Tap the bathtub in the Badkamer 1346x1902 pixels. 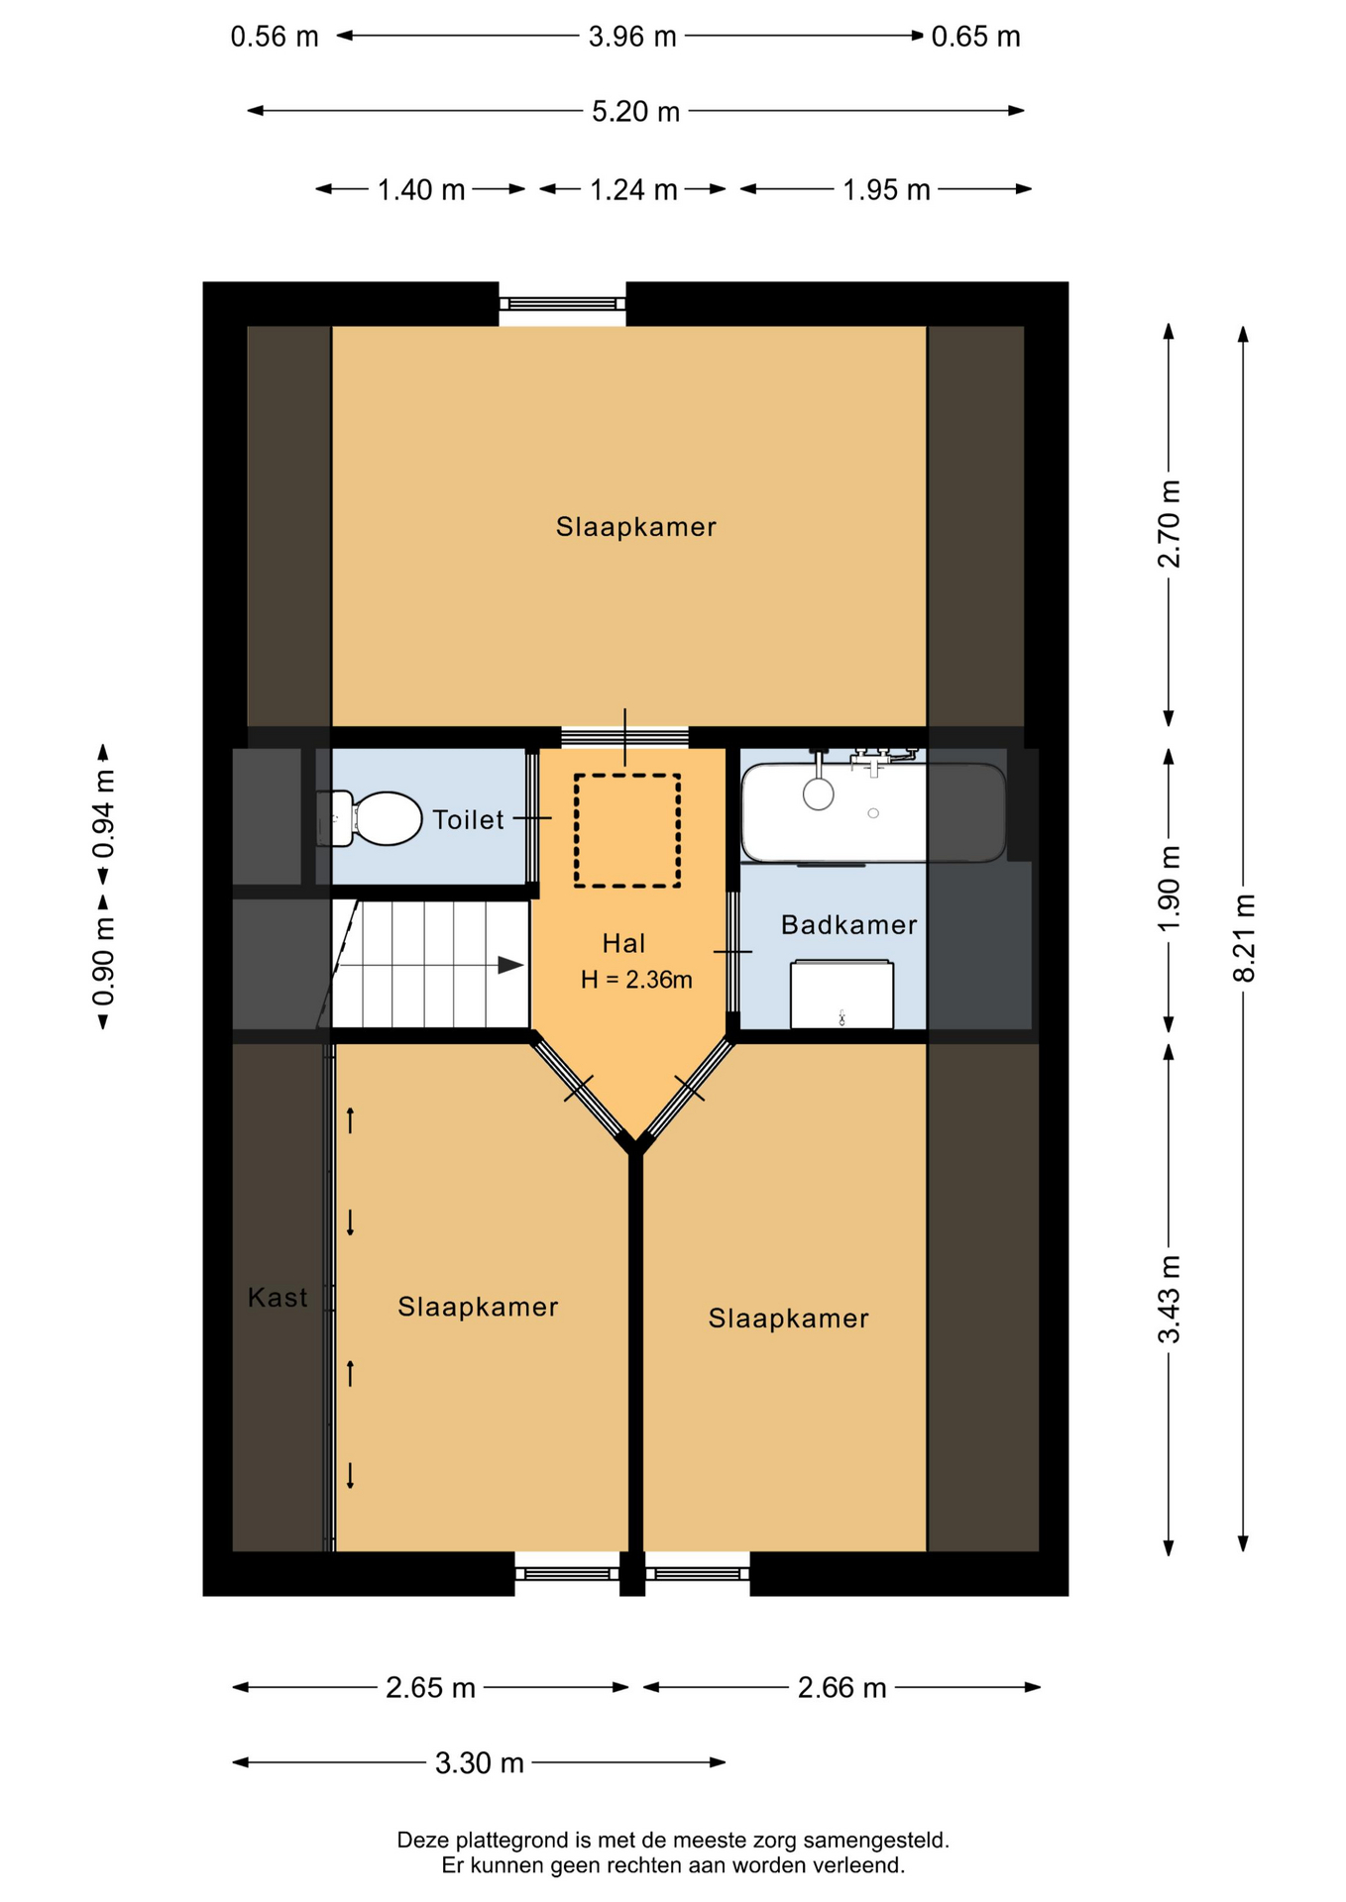pos(873,811)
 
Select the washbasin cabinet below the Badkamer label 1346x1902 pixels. pos(841,994)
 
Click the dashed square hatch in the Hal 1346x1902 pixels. pos(627,830)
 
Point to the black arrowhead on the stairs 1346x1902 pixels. pos(510,965)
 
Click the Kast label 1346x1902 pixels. pos(278,1298)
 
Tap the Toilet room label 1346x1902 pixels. pos(468,820)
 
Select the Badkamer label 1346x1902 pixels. pos(848,925)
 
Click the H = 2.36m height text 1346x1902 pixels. pos(636,980)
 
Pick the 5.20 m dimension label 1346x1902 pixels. pos(635,111)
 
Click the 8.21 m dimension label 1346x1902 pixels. pos(1244,937)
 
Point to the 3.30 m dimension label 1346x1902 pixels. pos(480,1762)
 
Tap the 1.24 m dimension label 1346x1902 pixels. pos(633,189)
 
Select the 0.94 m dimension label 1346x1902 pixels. pos(103,813)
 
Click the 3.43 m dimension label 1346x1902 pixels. pos(1170,1299)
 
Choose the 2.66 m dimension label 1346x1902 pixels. pos(841,1687)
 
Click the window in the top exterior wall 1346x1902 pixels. pos(562,304)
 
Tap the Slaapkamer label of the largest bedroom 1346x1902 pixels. pos(635,527)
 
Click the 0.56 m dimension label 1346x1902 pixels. pos(275,37)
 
